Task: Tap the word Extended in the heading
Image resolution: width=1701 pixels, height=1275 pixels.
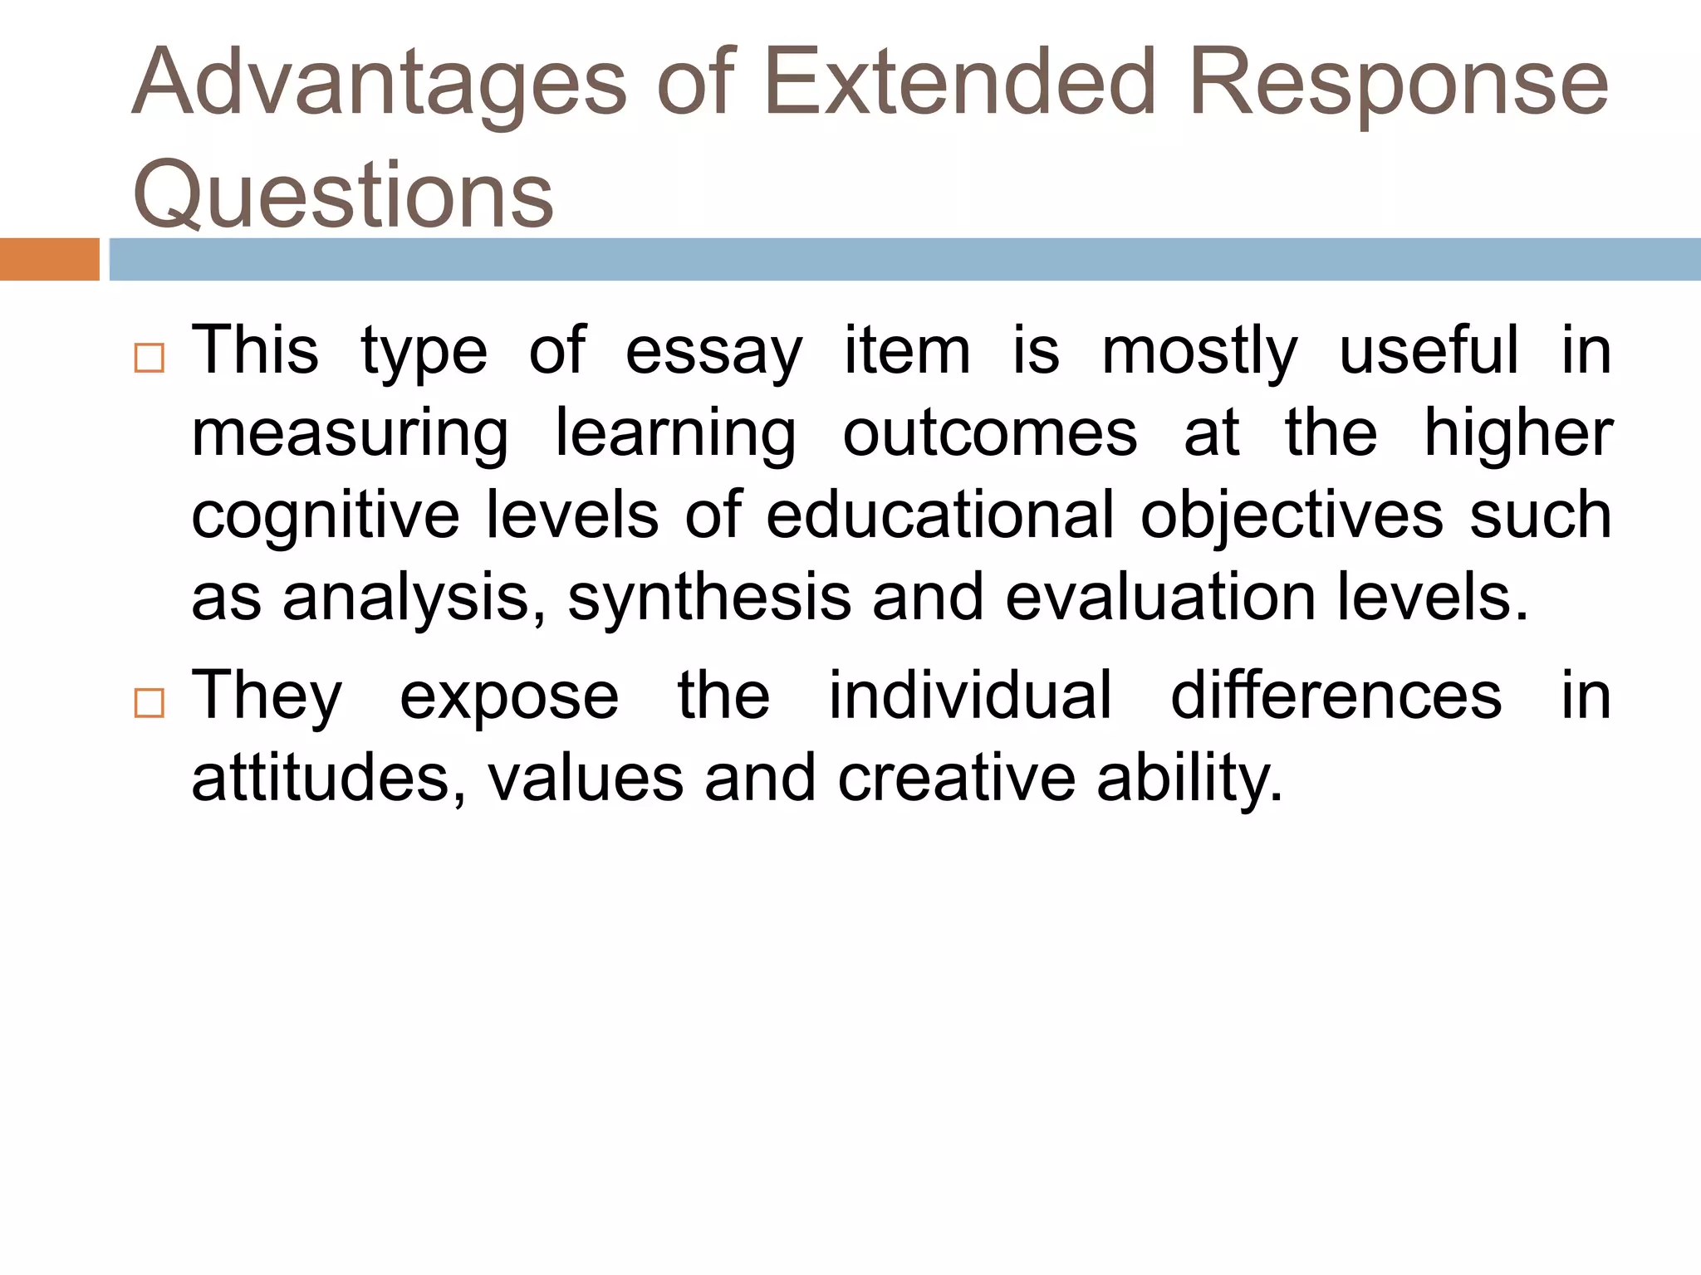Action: click(959, 83)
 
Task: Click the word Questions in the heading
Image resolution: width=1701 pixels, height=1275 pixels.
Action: click(343, 195)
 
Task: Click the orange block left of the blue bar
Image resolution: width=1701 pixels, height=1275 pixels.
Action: click(49, 259)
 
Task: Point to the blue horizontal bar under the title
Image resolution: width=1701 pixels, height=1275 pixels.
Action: click(904, 259)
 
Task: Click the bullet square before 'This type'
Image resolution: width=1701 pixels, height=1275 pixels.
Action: click(150, 358)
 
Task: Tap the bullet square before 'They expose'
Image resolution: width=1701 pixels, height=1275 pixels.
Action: click(150, 703)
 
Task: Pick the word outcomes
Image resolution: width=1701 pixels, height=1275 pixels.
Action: click(989, 433)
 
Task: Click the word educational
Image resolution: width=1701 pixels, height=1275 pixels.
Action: click(939, 515)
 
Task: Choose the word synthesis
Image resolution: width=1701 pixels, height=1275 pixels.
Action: click(709, 598)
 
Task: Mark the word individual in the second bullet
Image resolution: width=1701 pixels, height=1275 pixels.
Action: click(970, 695)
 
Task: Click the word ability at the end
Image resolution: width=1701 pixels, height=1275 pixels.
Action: click(1189, 779)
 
